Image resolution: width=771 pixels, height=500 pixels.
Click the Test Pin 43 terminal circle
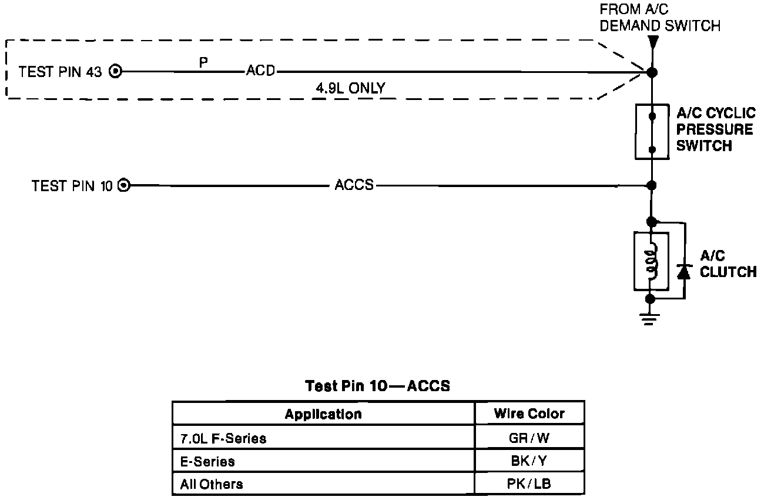tap(116, 72)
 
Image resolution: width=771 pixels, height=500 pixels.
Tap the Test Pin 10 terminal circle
tap(124, 186)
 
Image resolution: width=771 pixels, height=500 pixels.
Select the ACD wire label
tap(260, 72)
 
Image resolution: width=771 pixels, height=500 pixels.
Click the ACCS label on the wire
tap(354, 185)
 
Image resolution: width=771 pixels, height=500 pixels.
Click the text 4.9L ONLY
tap(350, 89)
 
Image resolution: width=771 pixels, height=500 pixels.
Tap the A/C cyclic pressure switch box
tap(652, 132)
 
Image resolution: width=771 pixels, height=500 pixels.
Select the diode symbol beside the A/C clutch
tap(683, 271)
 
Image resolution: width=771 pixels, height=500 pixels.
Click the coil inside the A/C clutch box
tap(651, 261)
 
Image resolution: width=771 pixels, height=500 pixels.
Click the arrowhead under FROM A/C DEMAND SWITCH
tap(652, 42)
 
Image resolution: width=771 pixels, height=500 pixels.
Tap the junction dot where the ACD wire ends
tap(652, 73)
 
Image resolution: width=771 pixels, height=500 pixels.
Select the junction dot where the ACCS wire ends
tap(651, 186)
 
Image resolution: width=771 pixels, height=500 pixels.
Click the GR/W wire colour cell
tap(529, 438)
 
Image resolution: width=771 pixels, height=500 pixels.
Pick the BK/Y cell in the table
tap(529, 461)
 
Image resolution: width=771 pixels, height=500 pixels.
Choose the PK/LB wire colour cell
tap(529, 484)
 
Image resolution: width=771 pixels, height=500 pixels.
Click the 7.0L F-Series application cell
tap(323, 438)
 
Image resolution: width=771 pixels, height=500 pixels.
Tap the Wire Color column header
tap(529, 414)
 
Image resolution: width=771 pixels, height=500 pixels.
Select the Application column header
tap(323, 414)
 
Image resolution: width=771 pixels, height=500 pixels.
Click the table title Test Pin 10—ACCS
tap(377, 386)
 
